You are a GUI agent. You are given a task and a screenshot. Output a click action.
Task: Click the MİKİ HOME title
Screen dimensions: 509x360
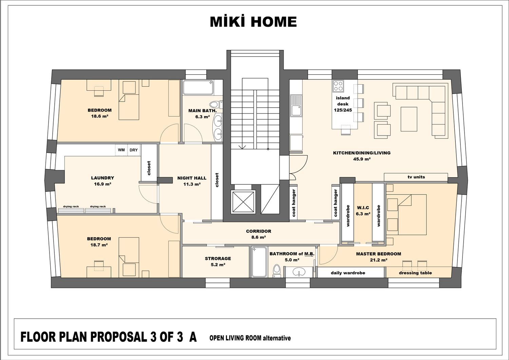[x=253, y=22]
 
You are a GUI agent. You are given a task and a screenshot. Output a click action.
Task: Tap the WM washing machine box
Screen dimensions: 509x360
[x=121, y=150]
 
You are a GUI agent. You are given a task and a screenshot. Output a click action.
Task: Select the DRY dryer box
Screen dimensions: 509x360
[x=134, y=150]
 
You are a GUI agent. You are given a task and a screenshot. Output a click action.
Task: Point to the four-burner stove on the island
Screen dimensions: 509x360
[x=338, y=86]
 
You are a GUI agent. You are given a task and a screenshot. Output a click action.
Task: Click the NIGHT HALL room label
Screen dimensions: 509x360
[x=192, y=178]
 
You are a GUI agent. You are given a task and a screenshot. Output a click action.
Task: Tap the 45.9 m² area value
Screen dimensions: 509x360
[x=362, y=159]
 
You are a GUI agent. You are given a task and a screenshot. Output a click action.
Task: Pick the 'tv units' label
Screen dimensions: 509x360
[x=416, y=177]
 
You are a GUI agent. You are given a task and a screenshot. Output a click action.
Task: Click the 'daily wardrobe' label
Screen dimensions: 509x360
[x=348, y=273]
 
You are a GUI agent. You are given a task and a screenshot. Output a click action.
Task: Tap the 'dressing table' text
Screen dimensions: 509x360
[x=415, y=273]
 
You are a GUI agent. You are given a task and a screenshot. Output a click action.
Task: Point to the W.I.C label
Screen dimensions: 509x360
[x=363, y=208]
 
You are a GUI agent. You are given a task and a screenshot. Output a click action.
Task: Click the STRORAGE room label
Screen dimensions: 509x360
[x=218, y=258]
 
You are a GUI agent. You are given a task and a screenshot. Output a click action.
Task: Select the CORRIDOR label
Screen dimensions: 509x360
[x=259, y=231]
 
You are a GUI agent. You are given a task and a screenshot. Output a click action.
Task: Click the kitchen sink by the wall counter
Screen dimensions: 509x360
[x=296, y=111]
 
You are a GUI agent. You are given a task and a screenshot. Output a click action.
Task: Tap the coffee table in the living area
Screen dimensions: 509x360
[x=409, y=119]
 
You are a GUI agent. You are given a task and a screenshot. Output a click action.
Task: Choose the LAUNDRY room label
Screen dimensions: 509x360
[x=102, y=178]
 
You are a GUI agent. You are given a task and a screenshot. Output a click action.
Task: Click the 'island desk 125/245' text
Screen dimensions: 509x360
[x=343, y=104]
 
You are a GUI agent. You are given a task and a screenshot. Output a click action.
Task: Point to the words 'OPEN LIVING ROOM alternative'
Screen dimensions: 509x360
[x=250, y=338]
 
